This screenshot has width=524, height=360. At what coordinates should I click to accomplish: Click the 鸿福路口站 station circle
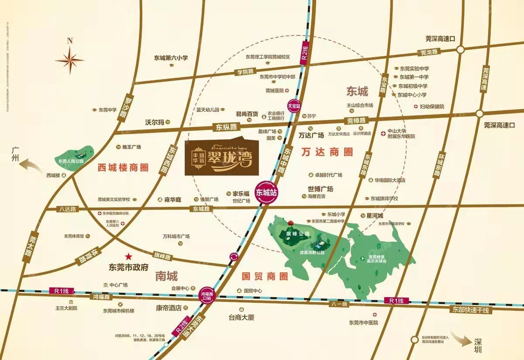coord(208,295)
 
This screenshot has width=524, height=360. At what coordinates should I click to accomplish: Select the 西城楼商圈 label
coord(123,167)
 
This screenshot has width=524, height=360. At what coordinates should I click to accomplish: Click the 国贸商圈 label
coord(265,276)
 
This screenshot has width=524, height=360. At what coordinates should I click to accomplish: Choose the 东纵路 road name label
coord(226,127)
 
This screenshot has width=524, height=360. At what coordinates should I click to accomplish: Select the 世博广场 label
coord(320,189)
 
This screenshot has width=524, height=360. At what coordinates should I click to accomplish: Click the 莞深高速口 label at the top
coord(441,38)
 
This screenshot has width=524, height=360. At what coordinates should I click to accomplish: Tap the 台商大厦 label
coord(241,318)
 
